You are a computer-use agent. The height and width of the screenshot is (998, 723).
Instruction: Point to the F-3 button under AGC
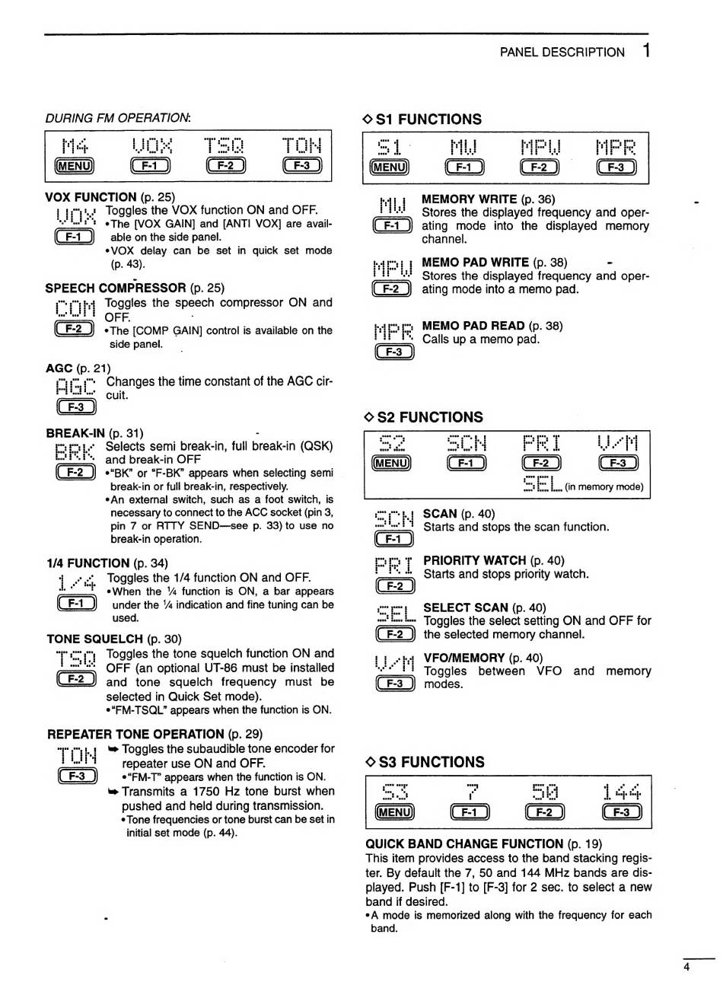(75, 407)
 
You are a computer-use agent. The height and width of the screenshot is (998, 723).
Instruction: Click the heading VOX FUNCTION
(91, 197)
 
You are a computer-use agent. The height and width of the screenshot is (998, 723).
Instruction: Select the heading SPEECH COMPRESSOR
(116, 288)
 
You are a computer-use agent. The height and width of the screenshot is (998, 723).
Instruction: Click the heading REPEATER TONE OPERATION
(135, 734)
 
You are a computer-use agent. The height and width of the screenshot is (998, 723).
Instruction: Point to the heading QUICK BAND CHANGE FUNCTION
(465, 843)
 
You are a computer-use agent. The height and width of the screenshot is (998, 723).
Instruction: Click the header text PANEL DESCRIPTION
(562, 52)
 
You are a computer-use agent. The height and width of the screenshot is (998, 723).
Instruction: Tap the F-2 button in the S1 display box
(540, 167)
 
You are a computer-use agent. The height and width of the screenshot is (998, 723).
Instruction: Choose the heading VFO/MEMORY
(464, 658)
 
